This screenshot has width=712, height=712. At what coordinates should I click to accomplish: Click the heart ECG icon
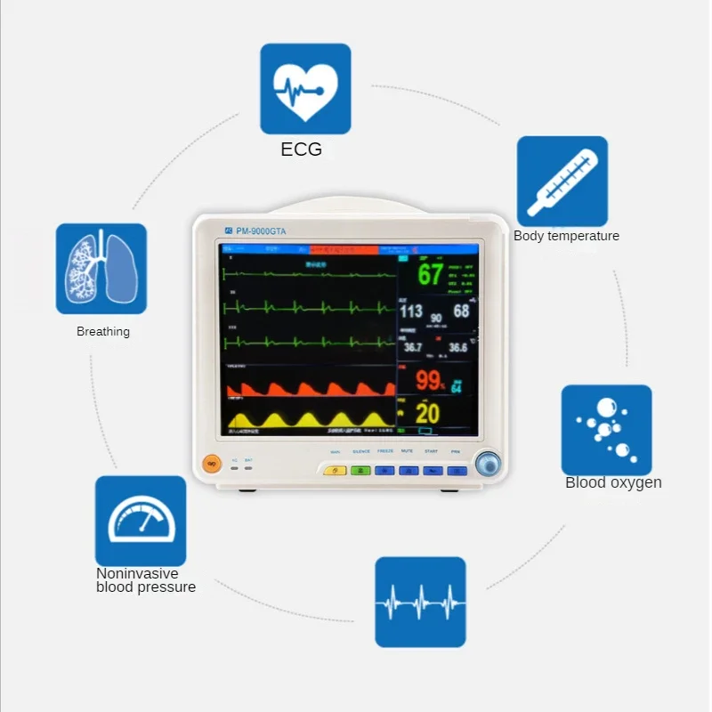(x=305, y=89)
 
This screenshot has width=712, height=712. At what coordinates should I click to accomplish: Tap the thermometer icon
(x=562, y=181)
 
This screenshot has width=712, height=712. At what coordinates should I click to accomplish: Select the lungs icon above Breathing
(x=101, y=268)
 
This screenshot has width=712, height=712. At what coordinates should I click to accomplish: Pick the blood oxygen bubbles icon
(x=606, y=429)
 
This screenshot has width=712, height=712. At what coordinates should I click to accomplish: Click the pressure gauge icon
(x=141, y=521)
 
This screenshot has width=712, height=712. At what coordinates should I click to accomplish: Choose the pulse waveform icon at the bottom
(x=420, y=602)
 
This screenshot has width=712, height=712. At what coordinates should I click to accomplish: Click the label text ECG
(x=302, y=150)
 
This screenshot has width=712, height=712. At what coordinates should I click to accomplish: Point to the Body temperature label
(x=566, y=236)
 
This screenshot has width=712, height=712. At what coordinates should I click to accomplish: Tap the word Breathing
(x=103, y=331)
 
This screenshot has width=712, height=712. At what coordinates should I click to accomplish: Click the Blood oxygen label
(x=613, y=482)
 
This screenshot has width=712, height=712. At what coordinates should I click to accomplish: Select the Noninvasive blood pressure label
(x=145, y=580)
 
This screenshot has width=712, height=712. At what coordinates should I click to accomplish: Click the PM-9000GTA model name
(x=260, y=231)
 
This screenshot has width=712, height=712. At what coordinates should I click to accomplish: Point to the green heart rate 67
(x=431, y=274)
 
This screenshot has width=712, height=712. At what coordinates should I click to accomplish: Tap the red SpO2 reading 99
(x=430, y=381)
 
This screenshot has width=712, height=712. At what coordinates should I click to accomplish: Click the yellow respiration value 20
(x=428, y=413)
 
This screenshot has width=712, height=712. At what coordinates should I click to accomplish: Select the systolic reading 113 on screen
(x=410, y=311)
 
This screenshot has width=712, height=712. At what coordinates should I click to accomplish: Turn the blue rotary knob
(x=487, y=463)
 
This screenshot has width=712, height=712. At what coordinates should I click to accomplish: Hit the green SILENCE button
(x=360, y=470)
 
